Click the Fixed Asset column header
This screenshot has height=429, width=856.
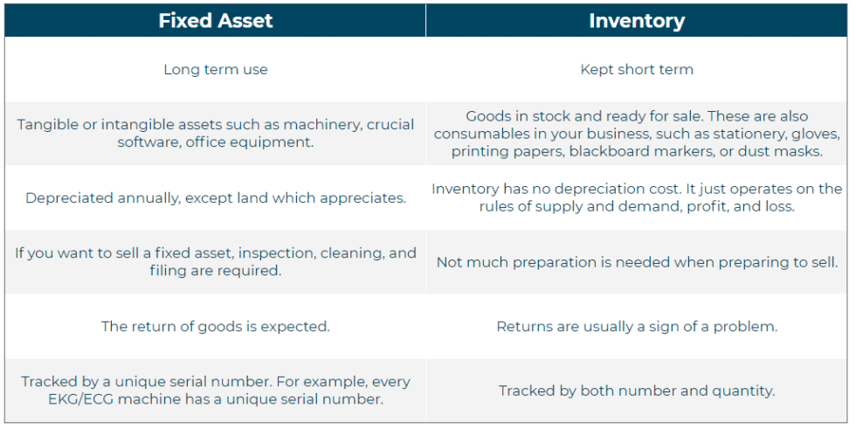[215, 21]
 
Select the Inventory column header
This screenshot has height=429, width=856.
[637, 21]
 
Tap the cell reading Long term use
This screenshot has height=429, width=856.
[216, 70]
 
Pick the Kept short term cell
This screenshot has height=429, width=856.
[637, 70]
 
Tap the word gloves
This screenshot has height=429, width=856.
[817, 134]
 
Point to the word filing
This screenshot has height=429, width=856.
[169, 271]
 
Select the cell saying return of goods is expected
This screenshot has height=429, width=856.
[216, 327]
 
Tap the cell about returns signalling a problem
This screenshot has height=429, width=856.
[637, 327]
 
